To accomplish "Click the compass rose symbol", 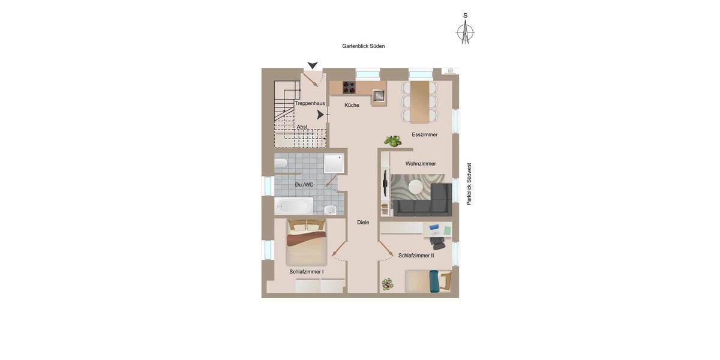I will pos(465,32).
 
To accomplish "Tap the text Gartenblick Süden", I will pos(363,46).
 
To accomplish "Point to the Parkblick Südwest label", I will pos(469,184).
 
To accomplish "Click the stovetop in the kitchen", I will pos(349,88).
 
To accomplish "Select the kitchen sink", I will pos(378,95).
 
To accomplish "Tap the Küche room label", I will pos(352,106).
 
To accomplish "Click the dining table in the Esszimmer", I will pos(420,101).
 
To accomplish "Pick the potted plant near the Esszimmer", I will pos(392,142).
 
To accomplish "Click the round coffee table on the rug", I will pos(415,187).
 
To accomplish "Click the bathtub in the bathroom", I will pos(293,206).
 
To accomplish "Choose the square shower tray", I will pos(334,163).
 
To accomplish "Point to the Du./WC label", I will pos(304,185).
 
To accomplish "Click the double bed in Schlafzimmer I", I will pos(306,241).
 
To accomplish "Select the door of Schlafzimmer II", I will pos(386,248).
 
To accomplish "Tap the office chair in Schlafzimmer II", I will pos(437,242).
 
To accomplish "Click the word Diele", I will pos(363,223).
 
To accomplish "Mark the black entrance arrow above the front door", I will pos(312,65).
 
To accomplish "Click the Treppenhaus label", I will pos(310,104).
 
